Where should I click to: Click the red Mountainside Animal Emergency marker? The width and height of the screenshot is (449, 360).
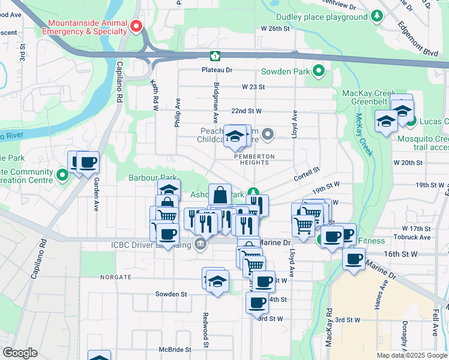tap(136, 26)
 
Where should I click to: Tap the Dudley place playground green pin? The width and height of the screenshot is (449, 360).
tap(377, 16)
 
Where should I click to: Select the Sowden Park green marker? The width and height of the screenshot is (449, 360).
tap(319, 72)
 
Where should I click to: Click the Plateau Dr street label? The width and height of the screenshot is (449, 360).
tap(216, 70)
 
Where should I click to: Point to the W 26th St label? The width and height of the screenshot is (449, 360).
tap(275, 28)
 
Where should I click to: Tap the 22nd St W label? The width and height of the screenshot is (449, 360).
tap(246, 111)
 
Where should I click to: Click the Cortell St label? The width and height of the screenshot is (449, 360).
tap(307, 175)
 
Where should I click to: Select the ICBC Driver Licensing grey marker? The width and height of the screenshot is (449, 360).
tap(200, 245)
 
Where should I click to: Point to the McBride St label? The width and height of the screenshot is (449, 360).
tap(175, 349)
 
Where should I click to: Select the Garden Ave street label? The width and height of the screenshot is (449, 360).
tap(96, 197)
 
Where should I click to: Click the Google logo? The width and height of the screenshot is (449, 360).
tap(20, 353)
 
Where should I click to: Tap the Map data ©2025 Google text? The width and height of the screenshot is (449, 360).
tap(412, 355)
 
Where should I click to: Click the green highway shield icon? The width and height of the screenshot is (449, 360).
tap(215, 56)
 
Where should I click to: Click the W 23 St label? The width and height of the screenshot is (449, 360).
tap(253, 87)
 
